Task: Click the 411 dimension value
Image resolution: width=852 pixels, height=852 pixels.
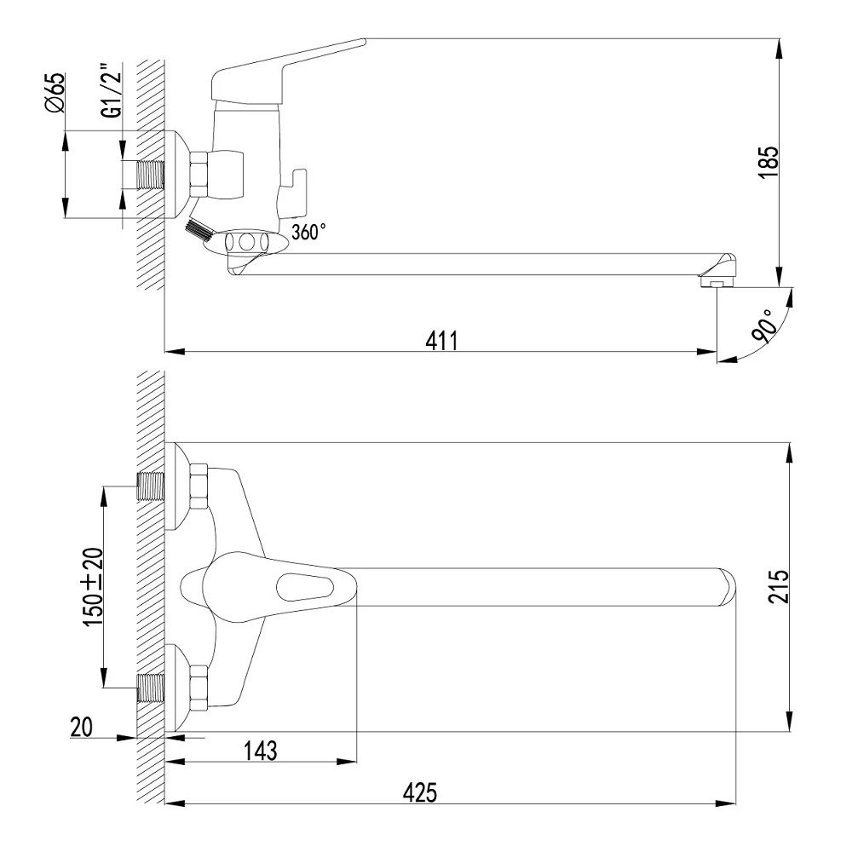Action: [441, 341]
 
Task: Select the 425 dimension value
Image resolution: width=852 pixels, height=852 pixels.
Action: [419, 792]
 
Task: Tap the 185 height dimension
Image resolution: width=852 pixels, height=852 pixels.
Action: [769, 162]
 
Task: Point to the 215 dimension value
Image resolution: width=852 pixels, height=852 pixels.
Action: [779, 586]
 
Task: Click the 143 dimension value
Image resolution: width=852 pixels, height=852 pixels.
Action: [260, 751]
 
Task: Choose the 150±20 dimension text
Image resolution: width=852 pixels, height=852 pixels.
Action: [93, 586]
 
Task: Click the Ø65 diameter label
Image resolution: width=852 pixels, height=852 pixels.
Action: [55, 93]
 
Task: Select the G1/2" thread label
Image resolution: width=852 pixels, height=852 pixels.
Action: [112, 91]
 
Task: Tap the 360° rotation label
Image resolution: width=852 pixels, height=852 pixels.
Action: [309, 232]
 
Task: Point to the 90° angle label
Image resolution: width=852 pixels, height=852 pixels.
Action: [764, 326]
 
